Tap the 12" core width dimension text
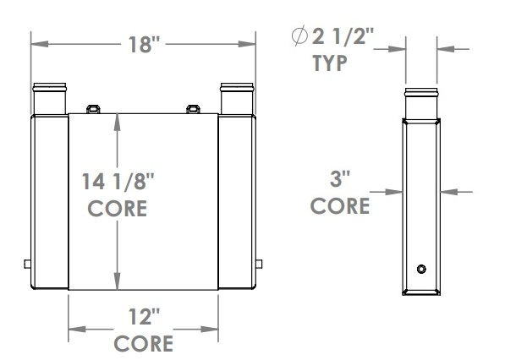(x=144, y=319)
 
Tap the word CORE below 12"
(x=144, y=344)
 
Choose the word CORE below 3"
(x=340, y=205)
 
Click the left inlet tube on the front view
(x=50, y=97)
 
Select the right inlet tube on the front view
(x=236, y=97)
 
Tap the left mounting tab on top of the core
(x=94, y=108)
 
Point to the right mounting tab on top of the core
(x=193, y=108)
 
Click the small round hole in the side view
(x=420, y=269)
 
